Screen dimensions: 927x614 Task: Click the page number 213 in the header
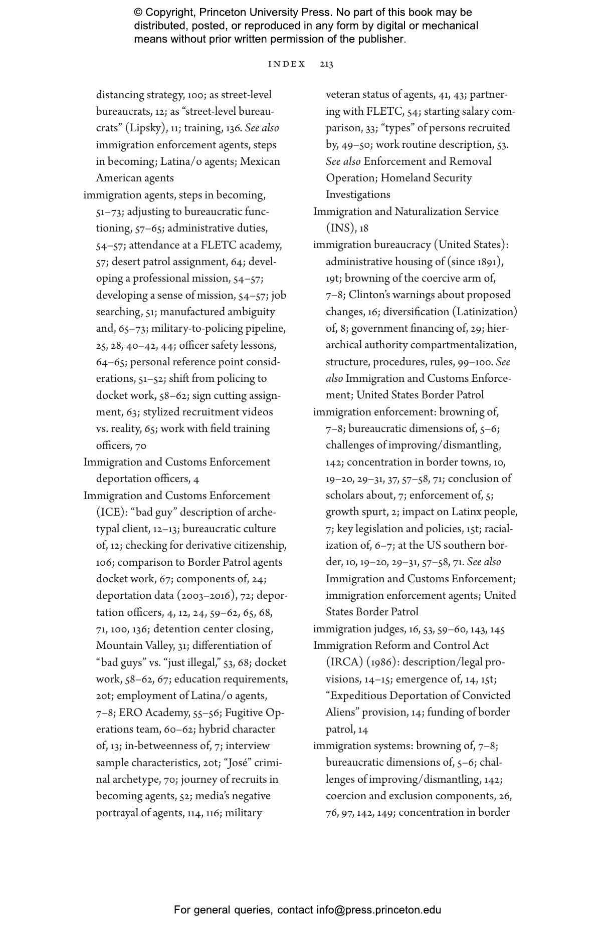[x=326, y=64]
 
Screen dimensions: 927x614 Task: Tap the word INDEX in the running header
[x=287, y=64]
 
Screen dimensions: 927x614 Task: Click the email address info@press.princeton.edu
[x=378, y=910]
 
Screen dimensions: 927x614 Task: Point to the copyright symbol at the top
[x=138, y=13]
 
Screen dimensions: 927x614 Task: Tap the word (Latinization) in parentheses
[x=485, y=312]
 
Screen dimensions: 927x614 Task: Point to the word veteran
[x=343, y=95]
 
